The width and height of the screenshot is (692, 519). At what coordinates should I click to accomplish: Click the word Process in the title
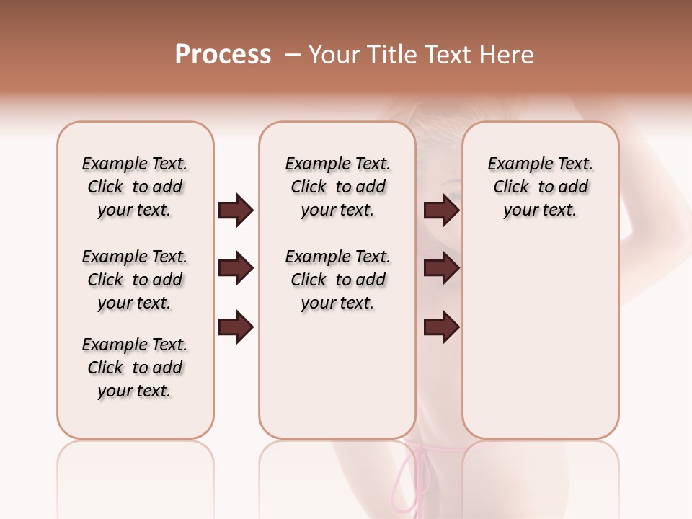click(x=223, y=55)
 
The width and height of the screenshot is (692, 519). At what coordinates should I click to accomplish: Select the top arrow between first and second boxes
click(x=236, y=210)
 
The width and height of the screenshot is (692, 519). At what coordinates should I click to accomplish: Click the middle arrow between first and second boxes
click(x=236, y=269)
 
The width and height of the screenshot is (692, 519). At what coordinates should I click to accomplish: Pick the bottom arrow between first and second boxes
click(x=236, y=327)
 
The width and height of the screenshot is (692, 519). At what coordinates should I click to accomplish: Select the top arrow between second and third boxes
click(x=442, y=210)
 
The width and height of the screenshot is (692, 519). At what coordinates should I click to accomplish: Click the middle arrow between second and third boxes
click(x=442, y=269)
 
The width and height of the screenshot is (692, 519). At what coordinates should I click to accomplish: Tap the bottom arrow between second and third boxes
click(x=442, y=327)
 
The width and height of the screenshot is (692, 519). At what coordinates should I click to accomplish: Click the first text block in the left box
click(x=135, y=187)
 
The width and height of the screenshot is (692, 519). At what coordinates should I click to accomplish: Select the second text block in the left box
click(x=135, y=280)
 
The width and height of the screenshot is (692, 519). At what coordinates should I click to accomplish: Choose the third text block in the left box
click(x=135, y=368)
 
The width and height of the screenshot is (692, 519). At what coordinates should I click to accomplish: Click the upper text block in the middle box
click(x=337, y=187)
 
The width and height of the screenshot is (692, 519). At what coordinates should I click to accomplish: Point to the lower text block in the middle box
click(x=337, y=280)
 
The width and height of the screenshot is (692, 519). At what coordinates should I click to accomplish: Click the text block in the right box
click(x=540, y=187)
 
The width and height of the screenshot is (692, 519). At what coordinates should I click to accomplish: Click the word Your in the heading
click(x=333, y=55)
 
